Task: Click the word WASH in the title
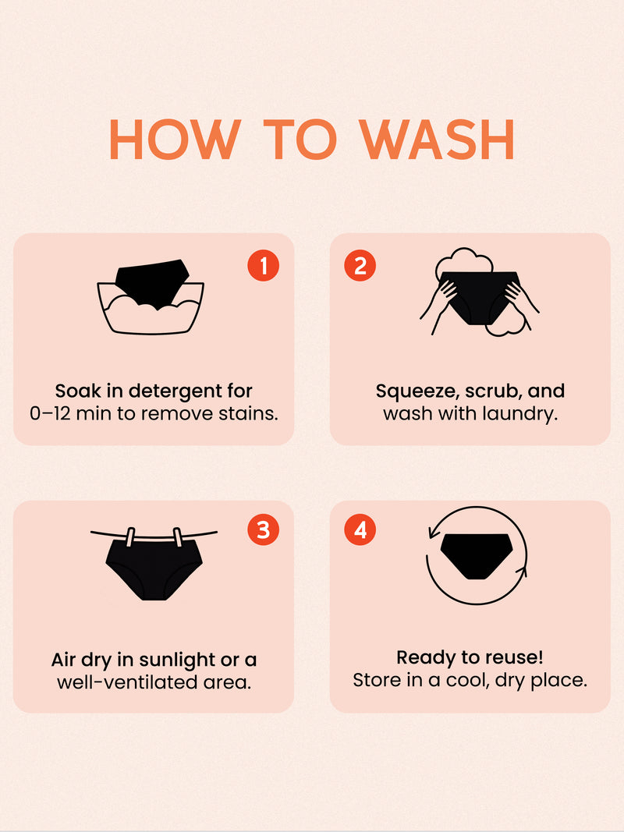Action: (437, 140)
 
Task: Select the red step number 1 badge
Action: (263, 265)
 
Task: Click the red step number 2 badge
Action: (360, 265)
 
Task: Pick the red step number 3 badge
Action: (263, 529)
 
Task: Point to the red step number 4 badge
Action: (360, 529)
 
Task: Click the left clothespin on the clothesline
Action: (130, 537)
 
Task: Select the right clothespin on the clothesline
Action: (178, 537)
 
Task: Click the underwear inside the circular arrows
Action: (477, 556)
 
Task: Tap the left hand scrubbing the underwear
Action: (438, 308)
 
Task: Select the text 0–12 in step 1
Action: (50, 414)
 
